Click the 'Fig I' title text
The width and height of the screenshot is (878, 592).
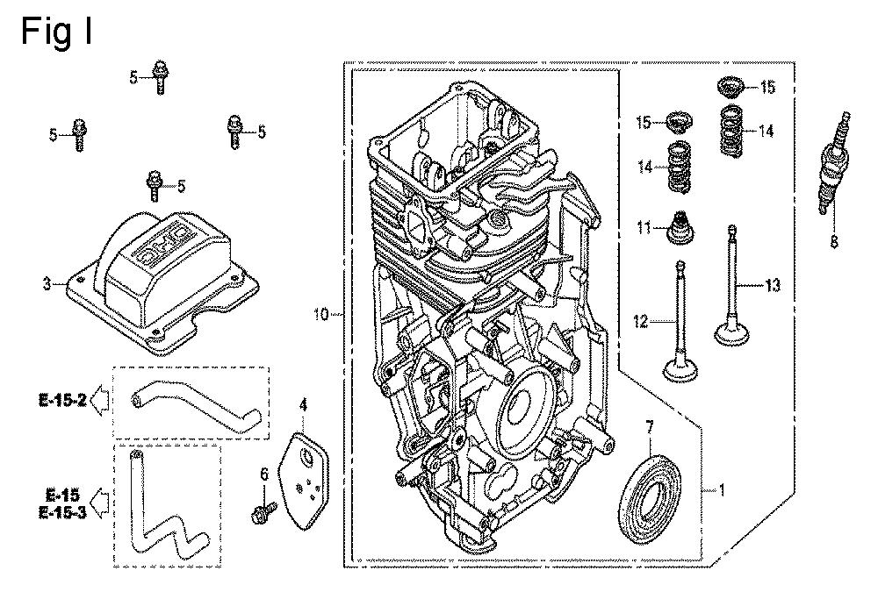coord(56,32)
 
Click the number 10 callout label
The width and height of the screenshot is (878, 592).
coord(321,313)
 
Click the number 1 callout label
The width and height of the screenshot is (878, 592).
coord(722,491)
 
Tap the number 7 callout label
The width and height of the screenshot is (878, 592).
coord(650,427)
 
